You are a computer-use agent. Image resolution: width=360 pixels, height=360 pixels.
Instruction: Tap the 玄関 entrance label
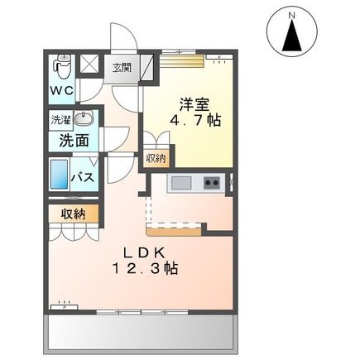pos(121,67)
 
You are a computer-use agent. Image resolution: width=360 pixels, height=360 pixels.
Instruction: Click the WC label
pos(60,89)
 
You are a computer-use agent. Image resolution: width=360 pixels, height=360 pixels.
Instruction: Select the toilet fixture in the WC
pos(60,65)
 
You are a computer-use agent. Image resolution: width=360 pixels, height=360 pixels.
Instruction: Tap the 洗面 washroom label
pos(73,140)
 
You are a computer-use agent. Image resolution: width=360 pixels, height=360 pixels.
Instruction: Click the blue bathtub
pos(60,175)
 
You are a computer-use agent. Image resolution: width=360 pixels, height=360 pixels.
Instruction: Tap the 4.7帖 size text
pos(196,121)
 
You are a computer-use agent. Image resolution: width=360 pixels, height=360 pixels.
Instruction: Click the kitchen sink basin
pos(181,182)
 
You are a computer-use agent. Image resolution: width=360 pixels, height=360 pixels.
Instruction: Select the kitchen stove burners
pos(212,182)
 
